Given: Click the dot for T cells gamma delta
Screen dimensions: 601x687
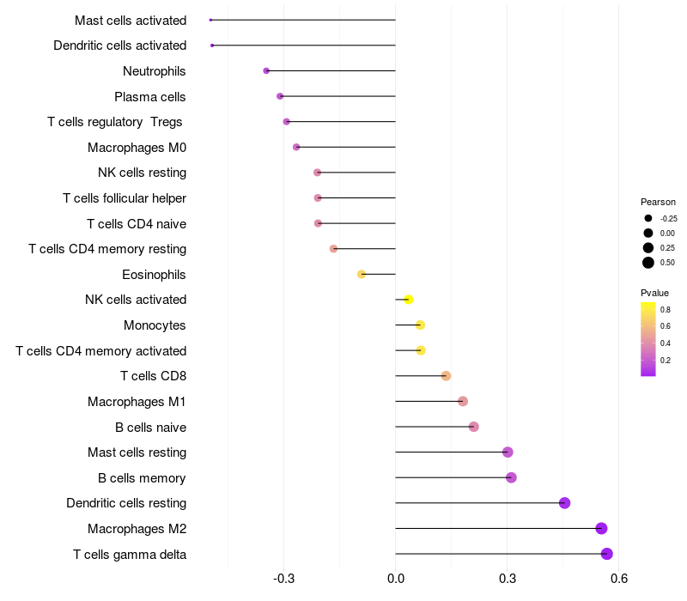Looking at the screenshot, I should pos(607,554).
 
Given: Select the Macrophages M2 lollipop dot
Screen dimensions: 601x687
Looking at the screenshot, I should pos(601,529).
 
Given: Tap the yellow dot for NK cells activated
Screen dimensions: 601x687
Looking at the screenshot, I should pos(409,300).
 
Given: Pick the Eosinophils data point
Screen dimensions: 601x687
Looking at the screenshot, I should pos(362,275).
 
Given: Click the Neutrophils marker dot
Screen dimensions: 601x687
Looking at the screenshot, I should pos(266,71).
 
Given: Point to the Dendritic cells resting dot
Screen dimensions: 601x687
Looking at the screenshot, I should pos(564,503).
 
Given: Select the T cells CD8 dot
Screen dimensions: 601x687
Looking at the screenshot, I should pos(446,376).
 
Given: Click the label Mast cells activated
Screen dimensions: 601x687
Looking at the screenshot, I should pos(131,20).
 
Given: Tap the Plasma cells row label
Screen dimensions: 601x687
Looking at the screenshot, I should pos(150,97).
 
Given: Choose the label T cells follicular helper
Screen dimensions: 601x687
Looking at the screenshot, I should pos(125,198).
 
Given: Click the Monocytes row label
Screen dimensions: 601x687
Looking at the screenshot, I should pos(155,325).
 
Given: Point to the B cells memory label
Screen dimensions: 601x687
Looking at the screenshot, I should pos(143,478).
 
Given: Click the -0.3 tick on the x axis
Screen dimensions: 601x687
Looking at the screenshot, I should pos(284,579).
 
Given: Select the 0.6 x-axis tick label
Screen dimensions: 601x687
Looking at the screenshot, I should pos(618,579).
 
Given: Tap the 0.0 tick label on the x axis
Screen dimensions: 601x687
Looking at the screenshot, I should pos(395,579).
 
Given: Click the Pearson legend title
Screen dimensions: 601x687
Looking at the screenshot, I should pos(658,202).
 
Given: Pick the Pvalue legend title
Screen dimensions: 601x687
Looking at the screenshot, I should pos(655,293).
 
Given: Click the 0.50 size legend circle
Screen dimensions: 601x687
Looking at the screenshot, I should pos(648,263).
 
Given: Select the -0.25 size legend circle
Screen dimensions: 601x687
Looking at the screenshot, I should pos(648,218).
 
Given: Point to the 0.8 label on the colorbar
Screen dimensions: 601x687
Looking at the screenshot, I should pos(666,309).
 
